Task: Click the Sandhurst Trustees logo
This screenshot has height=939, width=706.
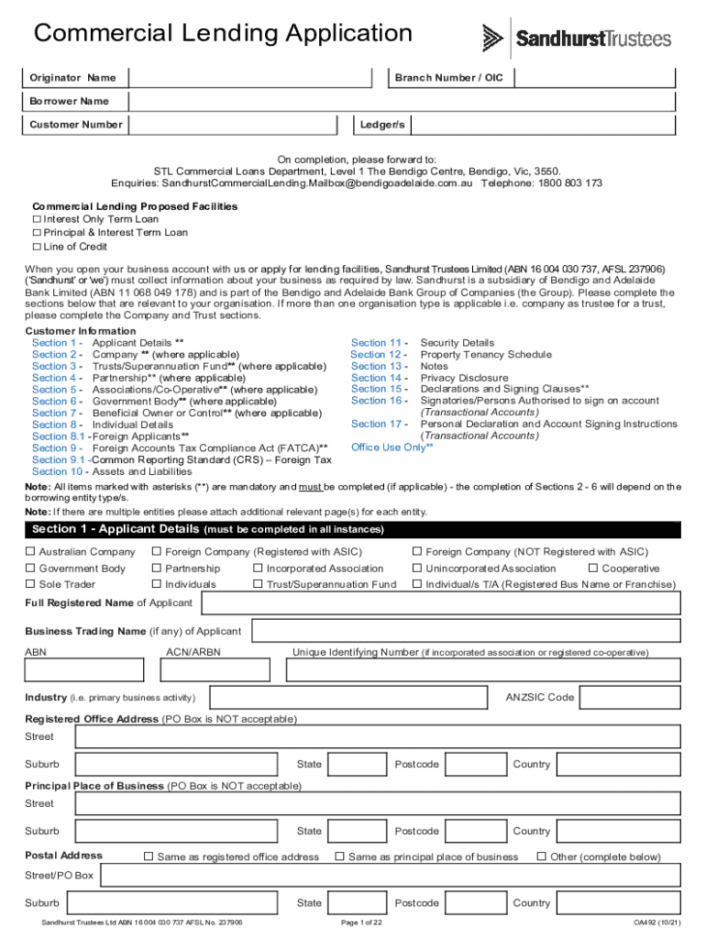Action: click(x=577, y=39)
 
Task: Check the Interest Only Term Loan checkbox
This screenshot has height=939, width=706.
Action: click(x=38, y=219)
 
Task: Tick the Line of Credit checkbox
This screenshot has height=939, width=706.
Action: click(x=38, y=247)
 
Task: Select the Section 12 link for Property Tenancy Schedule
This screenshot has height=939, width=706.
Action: click(x=377, y=355)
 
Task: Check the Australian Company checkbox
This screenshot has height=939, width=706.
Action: click(x=30, y=552)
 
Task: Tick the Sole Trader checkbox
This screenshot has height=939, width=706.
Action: click(x=30, y=584)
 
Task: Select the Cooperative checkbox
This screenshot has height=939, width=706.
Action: click(x=606, y=569)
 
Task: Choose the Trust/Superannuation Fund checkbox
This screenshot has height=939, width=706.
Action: click(x=258, y=584)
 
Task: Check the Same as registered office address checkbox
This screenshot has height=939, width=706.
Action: click(x=149, y=856)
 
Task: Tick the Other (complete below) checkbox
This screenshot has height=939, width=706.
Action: click(x=541, y=856)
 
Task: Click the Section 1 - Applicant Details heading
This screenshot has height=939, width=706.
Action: click(x=116, y=529)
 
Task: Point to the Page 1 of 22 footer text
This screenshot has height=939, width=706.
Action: click(x=360, y=922)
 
